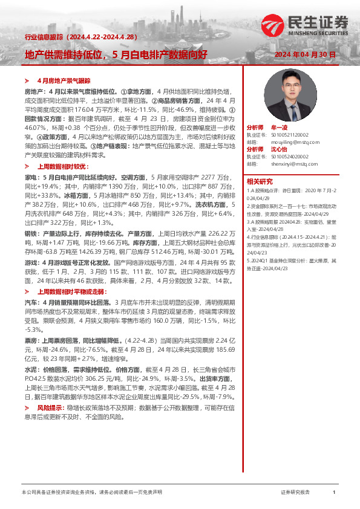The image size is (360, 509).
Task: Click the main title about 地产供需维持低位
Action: coord(116,54)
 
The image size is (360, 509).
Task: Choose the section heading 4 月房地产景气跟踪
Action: coord(63,80)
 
